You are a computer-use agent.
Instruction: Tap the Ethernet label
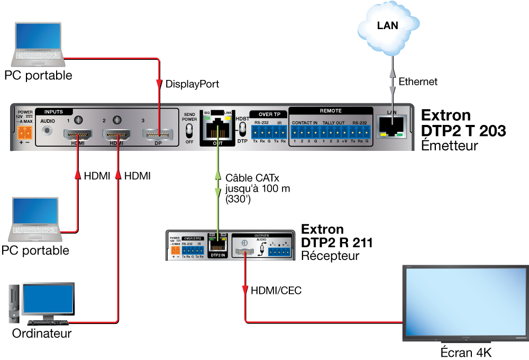[418, 82]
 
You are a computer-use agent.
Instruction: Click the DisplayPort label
[192, 84]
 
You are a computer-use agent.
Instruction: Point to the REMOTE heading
[331, 111]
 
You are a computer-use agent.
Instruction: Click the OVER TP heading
[269, 114]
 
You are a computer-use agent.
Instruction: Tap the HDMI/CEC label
[276, 290]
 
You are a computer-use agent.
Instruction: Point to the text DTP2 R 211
[336, 243]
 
